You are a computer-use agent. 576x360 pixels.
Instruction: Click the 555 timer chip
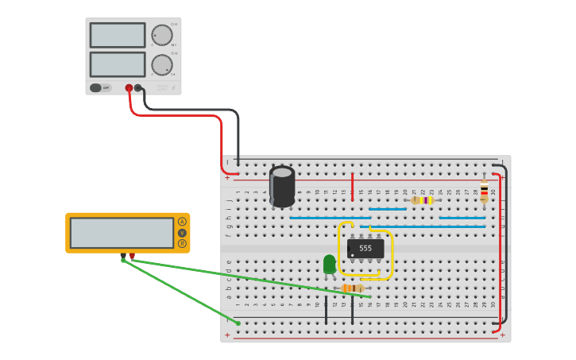point(365,249)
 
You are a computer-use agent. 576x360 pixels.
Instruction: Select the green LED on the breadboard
point(330,264)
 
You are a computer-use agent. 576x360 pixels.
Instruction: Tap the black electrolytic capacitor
point(282,187)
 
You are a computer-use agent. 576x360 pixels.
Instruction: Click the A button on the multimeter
point(182,222)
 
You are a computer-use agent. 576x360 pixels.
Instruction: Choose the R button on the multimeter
point(182,244)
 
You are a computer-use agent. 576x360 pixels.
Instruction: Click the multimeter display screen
point(122,233)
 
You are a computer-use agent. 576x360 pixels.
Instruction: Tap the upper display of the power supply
point(118,35)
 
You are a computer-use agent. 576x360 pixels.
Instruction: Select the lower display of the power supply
point(118,64)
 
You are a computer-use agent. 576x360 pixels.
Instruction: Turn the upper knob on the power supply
point(162,35)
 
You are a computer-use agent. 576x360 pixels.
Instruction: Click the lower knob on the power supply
point(162,65)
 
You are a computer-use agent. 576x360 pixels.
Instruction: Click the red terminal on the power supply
point(129,88)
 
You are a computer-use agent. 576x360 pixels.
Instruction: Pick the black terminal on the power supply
point(138,88)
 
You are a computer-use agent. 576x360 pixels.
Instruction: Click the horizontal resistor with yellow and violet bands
point(423,200)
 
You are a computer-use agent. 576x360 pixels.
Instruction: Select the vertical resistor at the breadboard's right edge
point(484,191)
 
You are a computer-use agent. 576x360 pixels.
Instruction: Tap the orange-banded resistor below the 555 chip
point(353,288)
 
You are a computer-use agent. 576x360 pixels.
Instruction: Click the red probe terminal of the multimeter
point(132,256)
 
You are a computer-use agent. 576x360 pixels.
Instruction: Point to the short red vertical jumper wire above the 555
point(353,187)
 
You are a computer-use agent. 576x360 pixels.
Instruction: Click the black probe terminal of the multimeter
point(123,257)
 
